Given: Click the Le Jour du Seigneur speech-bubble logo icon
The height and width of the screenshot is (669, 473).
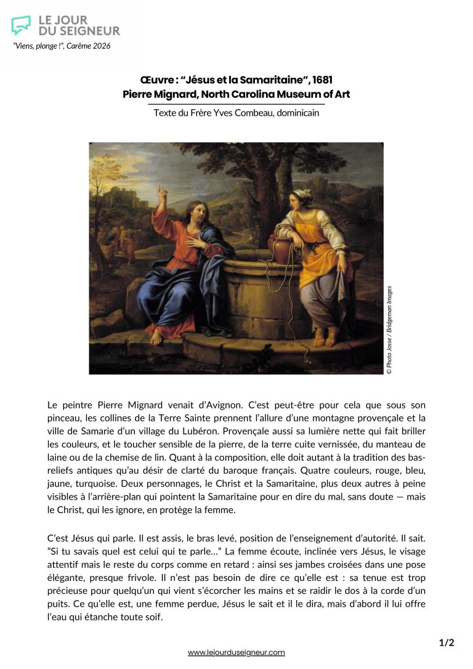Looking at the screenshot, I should (21, 25).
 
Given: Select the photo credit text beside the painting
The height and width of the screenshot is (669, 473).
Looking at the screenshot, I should (389, 330).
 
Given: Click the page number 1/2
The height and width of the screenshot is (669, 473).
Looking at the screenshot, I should (447, 643).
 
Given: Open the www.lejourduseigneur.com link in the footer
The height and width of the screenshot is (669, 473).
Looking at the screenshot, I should (236, 652).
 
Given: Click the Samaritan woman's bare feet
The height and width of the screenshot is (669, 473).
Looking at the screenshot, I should (326, 338).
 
